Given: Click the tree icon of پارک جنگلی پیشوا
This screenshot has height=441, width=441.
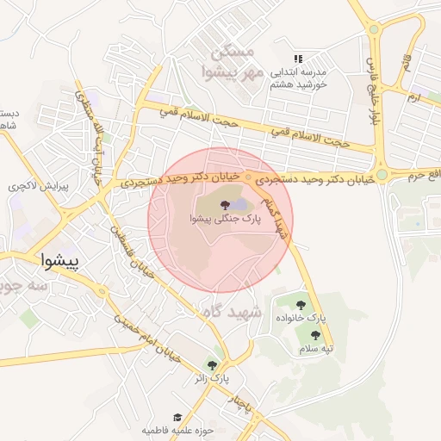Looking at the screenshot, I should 225,205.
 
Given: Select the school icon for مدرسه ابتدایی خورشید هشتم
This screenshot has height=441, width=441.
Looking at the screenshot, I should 298,59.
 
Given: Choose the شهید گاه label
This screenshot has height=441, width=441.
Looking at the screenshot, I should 232,312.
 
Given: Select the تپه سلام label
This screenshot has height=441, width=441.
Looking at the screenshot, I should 315,348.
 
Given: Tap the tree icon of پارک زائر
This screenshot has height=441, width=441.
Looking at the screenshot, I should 211,365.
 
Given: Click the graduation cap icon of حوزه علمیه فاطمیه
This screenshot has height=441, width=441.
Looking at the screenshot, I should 177,417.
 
